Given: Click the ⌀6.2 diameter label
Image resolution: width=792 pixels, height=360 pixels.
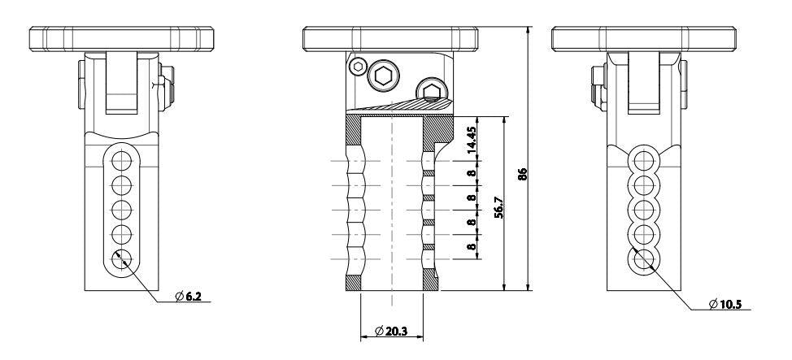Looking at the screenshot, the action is tap(188, 297).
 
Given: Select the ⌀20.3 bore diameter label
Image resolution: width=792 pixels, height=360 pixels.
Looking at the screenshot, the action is tap(391, 332).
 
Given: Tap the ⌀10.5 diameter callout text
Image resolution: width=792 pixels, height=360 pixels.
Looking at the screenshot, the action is tap(725, 304).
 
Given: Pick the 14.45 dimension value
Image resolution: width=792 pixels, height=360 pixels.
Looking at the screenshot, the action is tap(472, 140).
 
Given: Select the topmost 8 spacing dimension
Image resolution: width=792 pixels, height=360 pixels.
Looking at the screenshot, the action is tap(472, 173).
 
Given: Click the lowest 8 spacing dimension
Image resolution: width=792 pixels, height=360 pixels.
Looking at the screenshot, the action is tap(472, 247).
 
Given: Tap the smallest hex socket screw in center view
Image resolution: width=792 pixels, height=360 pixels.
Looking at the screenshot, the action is tap(359, 66).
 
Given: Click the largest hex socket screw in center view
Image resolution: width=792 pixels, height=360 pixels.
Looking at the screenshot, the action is tap(384, 76).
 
